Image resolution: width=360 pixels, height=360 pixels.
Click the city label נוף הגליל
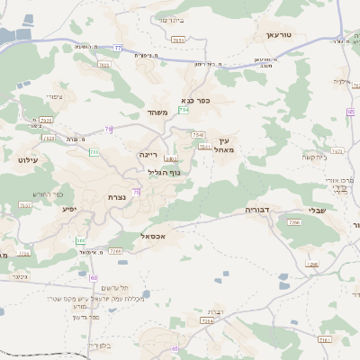163,171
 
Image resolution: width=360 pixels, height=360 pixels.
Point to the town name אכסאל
154,236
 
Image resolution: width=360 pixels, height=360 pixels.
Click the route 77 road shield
118,48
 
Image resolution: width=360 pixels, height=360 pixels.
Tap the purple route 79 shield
108,130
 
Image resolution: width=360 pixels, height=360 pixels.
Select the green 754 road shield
184,110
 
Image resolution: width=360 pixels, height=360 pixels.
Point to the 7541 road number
204,146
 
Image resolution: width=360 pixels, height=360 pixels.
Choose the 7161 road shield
325,339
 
